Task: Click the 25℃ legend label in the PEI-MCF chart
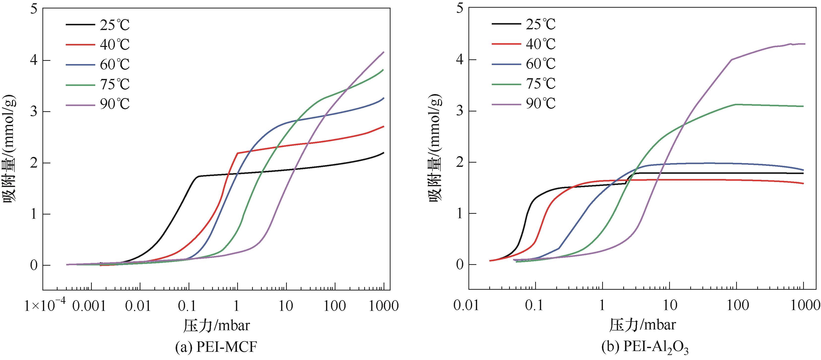114,25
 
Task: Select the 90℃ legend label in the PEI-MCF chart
114,104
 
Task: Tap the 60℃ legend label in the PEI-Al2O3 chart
540,64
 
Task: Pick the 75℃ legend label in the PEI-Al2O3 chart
540,83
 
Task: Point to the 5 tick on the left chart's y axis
34,9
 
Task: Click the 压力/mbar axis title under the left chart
216,325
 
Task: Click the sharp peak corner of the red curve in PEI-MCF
237,153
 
